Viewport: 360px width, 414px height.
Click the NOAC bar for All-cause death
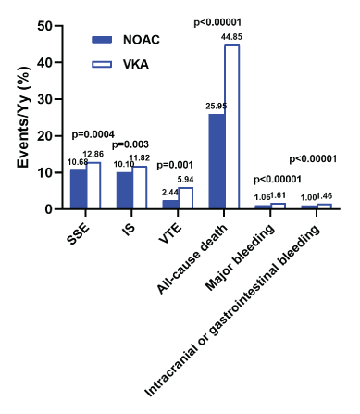tap(217, 161)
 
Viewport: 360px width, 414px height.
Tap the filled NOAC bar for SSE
tap(79, 189)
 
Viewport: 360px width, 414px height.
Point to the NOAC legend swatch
tap(102, 40)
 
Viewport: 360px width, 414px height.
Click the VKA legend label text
tap(136, 64)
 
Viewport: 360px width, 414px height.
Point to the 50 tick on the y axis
tap(58, 26)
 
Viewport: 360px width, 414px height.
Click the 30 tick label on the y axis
tap(45, 99)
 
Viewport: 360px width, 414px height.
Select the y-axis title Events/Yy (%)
tap(24, 117)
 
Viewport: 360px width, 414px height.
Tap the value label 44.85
tap(231, 37)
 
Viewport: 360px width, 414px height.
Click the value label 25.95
tap(217, 106)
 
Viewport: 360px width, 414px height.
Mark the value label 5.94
tap(185, 180)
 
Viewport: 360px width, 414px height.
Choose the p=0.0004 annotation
tap(93, 134)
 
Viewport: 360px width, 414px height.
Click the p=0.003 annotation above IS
tap(130, 144)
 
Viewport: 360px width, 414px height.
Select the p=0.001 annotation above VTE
tap(175, 165)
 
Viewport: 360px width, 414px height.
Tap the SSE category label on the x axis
tap(79, 234)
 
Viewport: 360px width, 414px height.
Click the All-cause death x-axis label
tap(192, 258)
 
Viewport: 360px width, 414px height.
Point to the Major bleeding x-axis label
tap(240, 257)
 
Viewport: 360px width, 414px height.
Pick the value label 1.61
tap(278, 195)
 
